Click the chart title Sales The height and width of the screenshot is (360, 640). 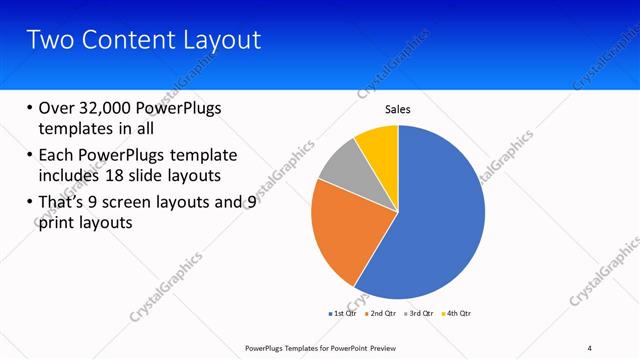(x=398, y=109)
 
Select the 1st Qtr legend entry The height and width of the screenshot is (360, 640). (x=345, y=313)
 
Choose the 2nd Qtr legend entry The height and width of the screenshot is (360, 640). (x=383, y=313)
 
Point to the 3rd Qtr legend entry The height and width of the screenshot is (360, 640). (x=421, y=313)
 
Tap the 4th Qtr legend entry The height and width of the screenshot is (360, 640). (x=457, y=313)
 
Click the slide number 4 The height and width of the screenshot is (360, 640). (x=590, y=347)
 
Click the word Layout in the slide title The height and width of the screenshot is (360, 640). (x=224, y=40)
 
